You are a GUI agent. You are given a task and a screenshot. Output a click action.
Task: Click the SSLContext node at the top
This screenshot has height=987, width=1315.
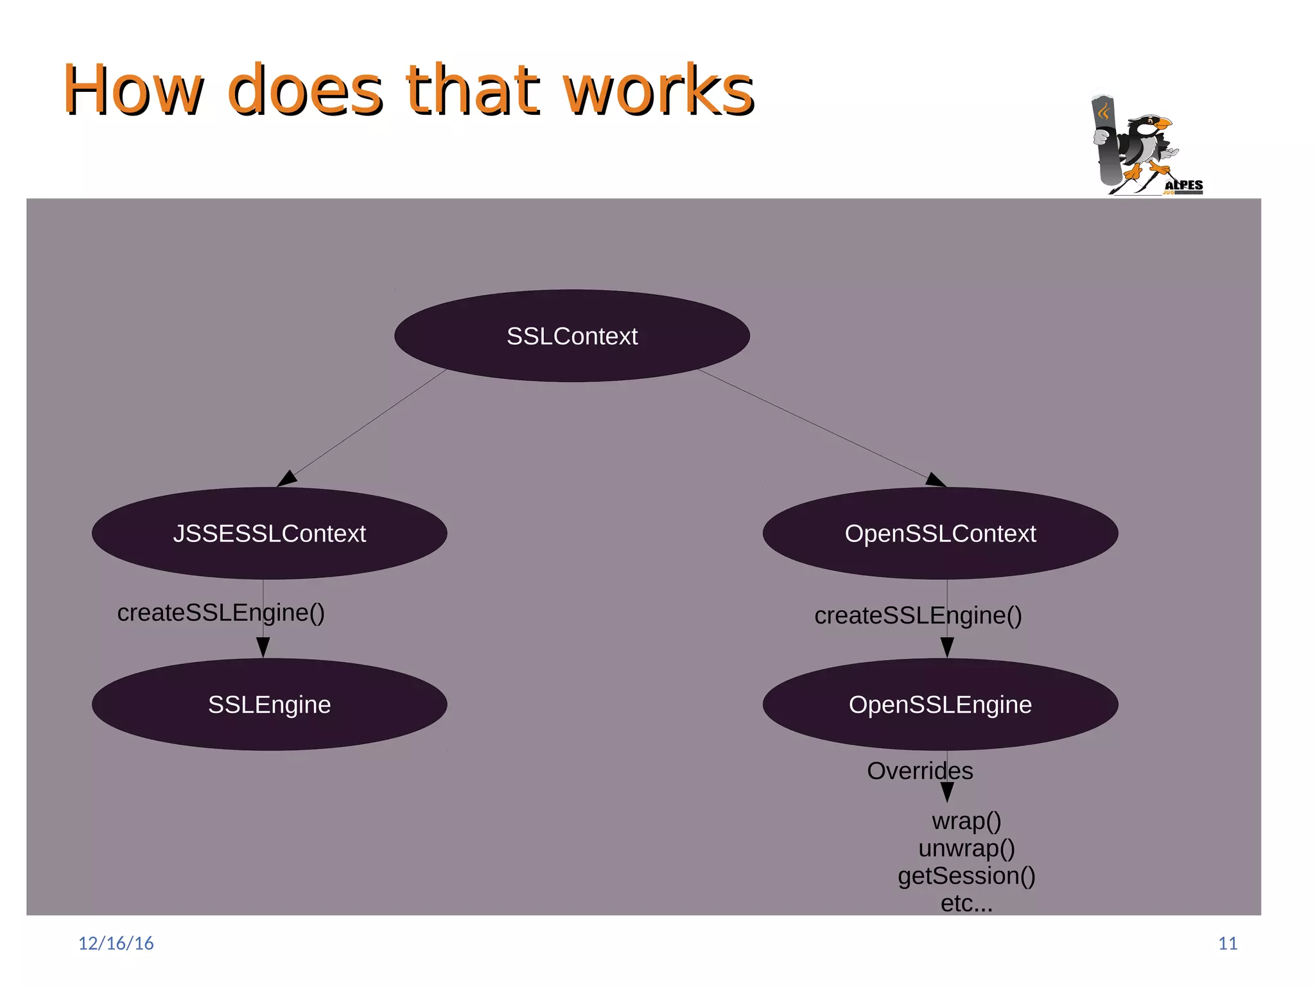click(571, 336)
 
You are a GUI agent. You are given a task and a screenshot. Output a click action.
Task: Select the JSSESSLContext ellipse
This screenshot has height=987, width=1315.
click(269, 533)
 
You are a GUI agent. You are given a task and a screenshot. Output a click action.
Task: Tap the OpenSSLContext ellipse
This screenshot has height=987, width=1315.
click(940, 533)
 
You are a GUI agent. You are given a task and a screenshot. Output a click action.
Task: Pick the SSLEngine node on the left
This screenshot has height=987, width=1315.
click(269, 704)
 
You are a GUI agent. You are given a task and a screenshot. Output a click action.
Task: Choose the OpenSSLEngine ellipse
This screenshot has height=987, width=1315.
click(940, 704)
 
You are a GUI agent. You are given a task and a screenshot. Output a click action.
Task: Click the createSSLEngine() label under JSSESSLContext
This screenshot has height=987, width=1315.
click(221, 613)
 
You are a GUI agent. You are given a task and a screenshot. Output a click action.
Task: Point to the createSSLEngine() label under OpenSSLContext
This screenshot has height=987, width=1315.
click(918, 615)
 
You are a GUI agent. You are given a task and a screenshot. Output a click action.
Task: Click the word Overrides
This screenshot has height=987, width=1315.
click(919, 771)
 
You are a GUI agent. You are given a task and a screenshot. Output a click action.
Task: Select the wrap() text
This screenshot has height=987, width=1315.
click(966, 821)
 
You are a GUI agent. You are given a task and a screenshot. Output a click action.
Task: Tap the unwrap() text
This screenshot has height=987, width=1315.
click(966, 848)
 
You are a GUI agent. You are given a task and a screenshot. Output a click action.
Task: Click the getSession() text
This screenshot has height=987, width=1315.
click(966, 876)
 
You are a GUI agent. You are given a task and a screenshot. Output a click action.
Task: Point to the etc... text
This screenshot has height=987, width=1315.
click(966, 903)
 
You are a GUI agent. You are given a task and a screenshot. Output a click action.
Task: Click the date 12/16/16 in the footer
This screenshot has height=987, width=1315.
click(116, 943)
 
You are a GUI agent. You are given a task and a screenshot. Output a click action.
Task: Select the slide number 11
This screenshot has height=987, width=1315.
click(1228, 943)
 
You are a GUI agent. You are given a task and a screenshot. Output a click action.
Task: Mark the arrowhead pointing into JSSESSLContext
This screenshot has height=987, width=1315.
click(286, 478)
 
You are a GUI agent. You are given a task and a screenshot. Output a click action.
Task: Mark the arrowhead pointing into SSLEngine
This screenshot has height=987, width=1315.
click(263, 647)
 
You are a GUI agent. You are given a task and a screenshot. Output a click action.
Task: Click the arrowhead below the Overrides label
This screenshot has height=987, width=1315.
click(947, 792)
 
